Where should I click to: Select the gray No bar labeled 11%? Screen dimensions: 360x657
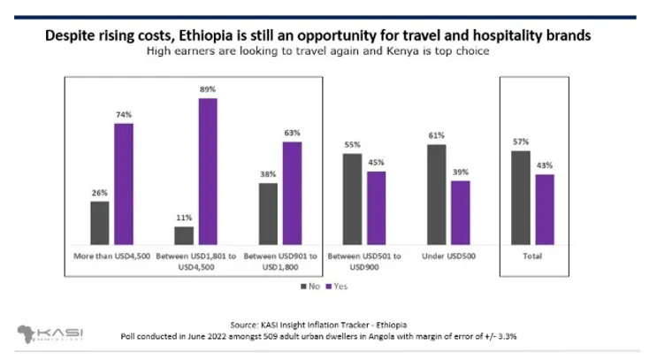184,235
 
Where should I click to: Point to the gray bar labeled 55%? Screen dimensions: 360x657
352,199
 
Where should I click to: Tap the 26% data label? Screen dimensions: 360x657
100,193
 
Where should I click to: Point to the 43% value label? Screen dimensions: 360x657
544,165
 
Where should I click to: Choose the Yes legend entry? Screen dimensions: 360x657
337,287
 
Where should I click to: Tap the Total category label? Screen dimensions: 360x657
531,257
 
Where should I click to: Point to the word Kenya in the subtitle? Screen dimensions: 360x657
404,51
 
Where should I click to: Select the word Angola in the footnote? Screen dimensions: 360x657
414,337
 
